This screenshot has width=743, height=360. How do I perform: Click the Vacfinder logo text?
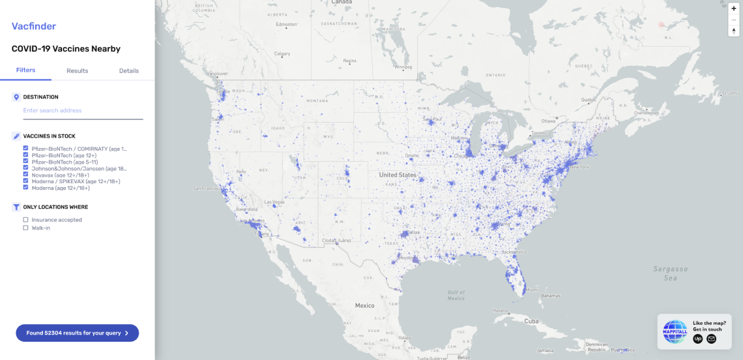(34, 27)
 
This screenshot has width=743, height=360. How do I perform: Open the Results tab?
(77, 70)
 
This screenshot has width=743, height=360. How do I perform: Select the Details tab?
(128, 70)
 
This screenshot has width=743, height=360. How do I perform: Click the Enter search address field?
(83, 111)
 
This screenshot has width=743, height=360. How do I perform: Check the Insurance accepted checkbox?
(25, 220)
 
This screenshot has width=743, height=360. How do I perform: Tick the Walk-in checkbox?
(25, 228)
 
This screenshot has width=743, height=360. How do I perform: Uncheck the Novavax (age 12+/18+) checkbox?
(25, 175)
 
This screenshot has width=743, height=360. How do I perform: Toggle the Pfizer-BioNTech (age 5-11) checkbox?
(25, 162)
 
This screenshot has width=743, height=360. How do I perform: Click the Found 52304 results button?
(78, 333)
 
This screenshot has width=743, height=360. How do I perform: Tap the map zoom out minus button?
(734, 20)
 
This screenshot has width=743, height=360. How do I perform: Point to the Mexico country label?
(364, 306)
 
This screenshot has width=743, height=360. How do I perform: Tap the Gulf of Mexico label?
(456, 295)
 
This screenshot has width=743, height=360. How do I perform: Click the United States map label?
(398, 175)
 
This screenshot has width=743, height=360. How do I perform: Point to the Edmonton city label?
(286, 25)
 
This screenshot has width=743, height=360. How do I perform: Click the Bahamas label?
(551, 295)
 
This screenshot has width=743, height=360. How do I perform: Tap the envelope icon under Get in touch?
(711, 338)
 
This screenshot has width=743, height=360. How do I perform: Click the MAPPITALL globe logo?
(675, 332)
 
